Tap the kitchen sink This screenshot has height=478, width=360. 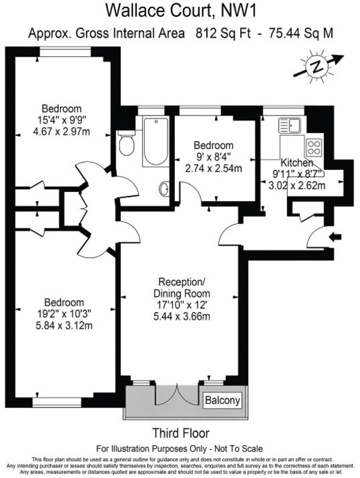(x=290, y=126)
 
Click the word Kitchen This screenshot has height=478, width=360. (x=297, y=163)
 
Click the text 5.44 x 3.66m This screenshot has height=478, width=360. (x=182, y=316)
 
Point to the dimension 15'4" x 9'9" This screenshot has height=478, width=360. (x=62, y=120)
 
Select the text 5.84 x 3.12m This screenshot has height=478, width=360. (x=64, y=325)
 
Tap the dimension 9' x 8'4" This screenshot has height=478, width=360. (x=214, y=157)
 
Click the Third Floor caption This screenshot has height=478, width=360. (x=181, y=433)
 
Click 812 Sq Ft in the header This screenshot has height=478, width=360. (x=223, y=34)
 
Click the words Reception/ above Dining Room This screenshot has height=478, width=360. (x=182, y=282)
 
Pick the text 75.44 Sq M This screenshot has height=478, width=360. (x=301, y=34)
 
